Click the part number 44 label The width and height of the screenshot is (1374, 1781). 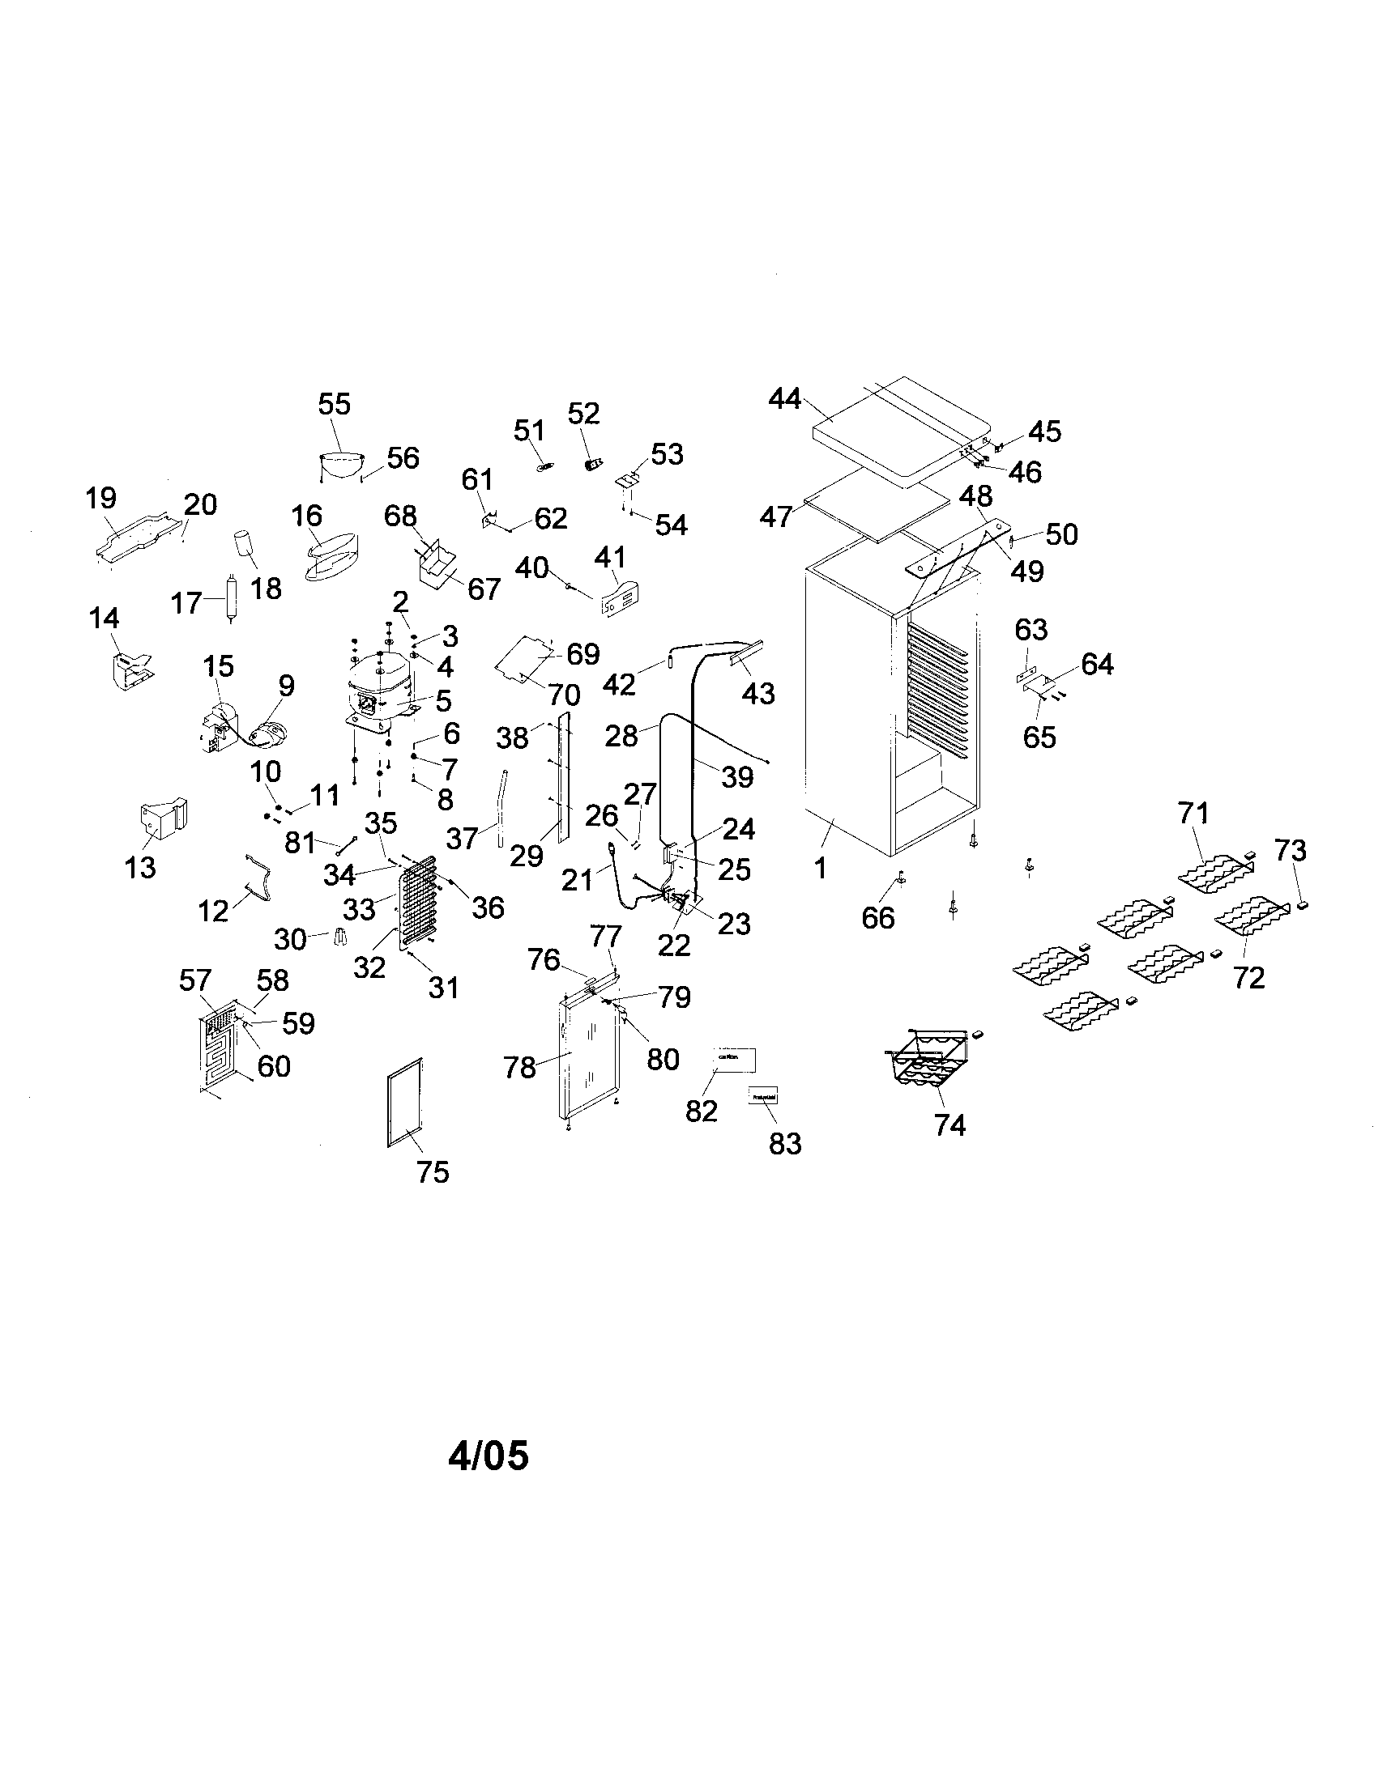(784, 400)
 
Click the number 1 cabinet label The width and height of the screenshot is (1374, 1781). (821, 869)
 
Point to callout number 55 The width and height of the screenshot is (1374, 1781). (334, 404)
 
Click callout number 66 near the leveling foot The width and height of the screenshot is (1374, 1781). (878, 917)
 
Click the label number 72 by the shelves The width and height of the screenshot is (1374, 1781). (1248, 976)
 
